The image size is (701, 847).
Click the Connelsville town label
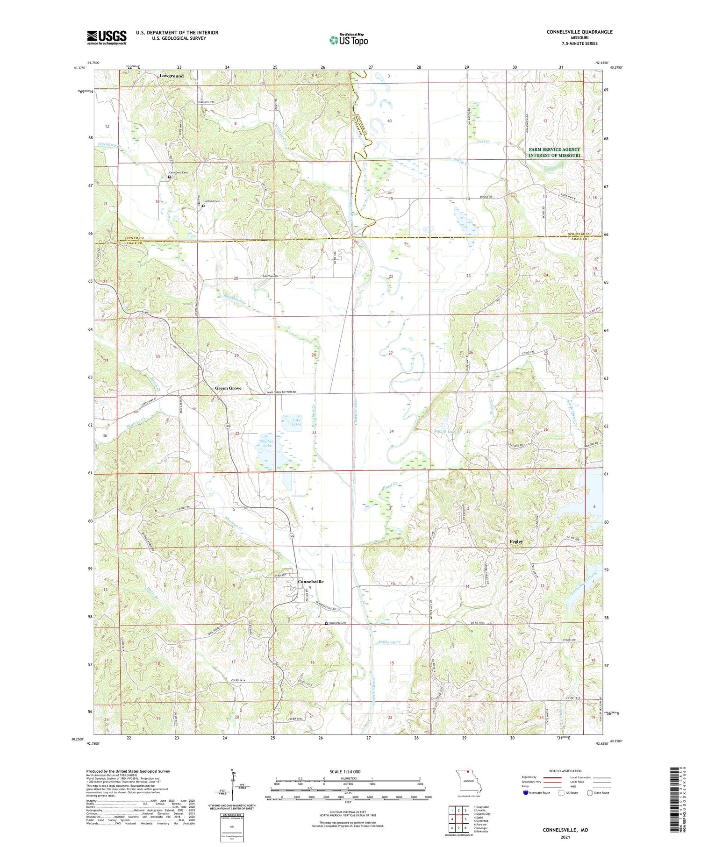(311, 582)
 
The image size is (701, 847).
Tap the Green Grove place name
(228, 388)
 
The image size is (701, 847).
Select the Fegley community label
(516, 541)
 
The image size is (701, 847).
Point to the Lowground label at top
(172, 76)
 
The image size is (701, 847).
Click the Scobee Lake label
(267, 443)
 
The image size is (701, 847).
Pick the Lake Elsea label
(296, 422)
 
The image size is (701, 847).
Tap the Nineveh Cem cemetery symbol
(326, 623)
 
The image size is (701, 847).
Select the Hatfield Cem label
(211, 201)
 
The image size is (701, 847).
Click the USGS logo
(107, 37)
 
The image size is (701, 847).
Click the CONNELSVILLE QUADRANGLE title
(579, 32)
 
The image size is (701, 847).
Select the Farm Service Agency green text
(554, 152)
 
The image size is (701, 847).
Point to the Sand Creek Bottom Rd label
(281, 392)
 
